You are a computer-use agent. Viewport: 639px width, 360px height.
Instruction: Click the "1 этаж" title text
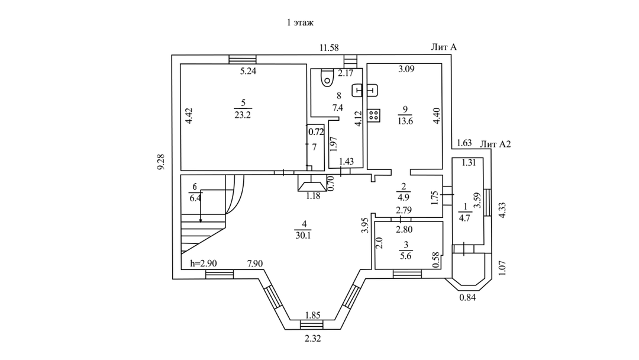pos(299,23)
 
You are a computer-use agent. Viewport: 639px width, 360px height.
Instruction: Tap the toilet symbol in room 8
pos(324,77)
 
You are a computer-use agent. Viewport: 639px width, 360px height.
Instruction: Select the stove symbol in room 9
pos(374,115)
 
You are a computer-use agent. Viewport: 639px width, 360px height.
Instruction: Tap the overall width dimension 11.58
pos(328,47)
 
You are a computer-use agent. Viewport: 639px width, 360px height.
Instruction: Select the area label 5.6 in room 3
pos(405,256)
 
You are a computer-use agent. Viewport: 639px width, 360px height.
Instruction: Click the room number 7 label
pos(314,146)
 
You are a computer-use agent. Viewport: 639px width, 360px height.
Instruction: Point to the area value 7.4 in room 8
pos(338,107)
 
